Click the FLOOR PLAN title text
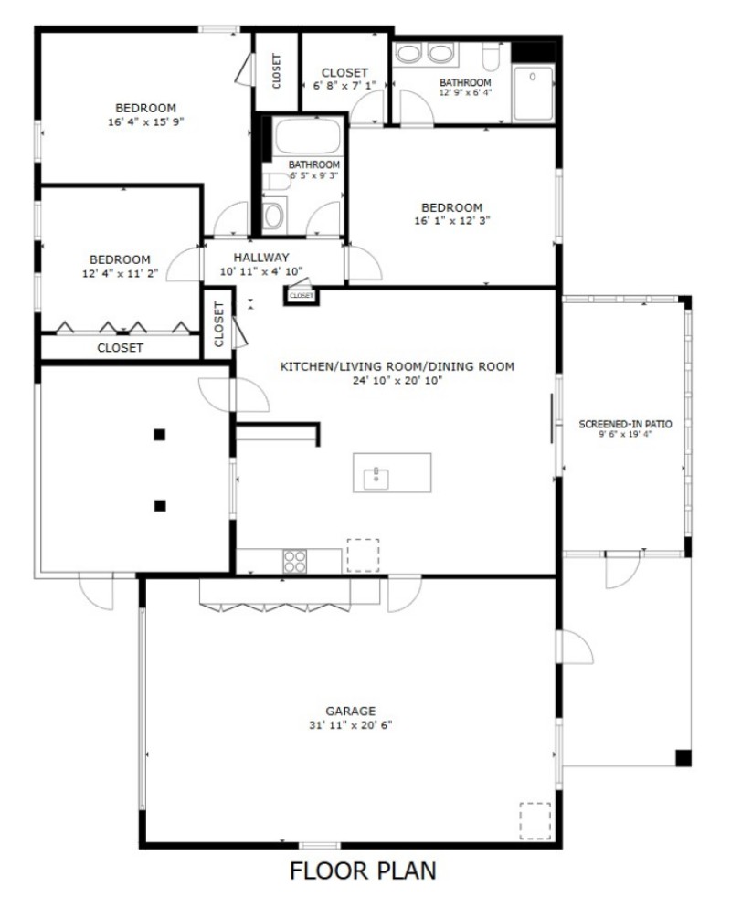(x=363, y=871)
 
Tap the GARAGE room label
(x=351, y=711)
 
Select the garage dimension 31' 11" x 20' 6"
(x=351, y=725)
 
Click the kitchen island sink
(x=375, y=475)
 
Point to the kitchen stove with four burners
(x=294, y=560)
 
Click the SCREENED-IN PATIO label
(x=626, y=424)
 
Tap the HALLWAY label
(x=260, y=258)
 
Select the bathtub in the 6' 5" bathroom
(x=307, y=137)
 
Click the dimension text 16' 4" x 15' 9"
(x=146, y=121)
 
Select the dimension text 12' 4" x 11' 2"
(x=120, y=273)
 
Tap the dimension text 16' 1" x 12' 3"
(x=451, y=221)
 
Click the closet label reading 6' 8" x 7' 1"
(x=344, y=86)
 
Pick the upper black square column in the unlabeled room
(x=159, y=435)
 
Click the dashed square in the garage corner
(x=535, y=820)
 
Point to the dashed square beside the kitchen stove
(x=363, y=554)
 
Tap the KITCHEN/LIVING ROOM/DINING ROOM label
(x=397, y=366)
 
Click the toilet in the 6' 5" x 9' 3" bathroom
(x=272, y=215)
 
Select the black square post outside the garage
(x=683, y=756)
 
